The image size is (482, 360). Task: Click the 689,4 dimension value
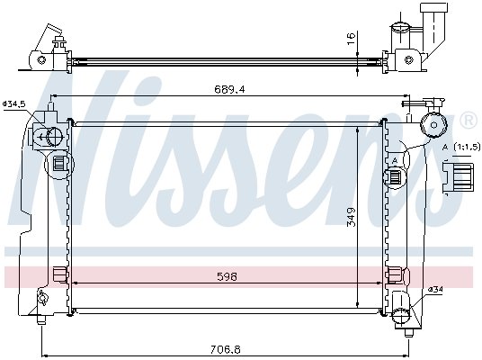pos(229,89)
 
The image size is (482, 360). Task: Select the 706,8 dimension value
pos(226,349)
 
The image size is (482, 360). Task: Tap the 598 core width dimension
pos(227,277)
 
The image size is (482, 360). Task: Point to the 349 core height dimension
pos(351,217)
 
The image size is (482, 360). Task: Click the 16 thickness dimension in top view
pos(351,39)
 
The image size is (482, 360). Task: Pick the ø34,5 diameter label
pos(14,104)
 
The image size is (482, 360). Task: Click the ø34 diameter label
pos(435,290)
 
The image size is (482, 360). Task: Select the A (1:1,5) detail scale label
pos(460,147)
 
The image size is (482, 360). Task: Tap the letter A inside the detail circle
pos(395,160)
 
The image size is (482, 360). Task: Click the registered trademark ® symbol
pos(469,121)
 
